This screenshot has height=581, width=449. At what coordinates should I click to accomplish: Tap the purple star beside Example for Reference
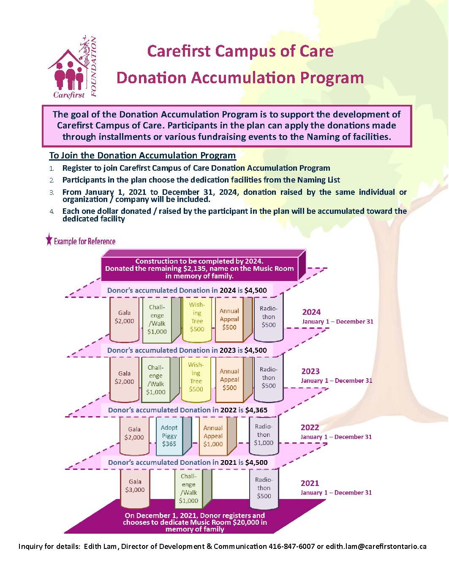click(x=49, y=240)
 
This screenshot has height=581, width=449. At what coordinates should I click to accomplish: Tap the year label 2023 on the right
click(x=310, y=371)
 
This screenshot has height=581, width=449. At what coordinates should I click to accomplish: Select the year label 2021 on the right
click(x=310, y=483)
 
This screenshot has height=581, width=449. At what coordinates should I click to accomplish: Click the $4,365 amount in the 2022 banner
click(x=256, y=410)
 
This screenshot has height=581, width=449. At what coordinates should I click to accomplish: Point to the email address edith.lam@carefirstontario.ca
click(x=376, y=546)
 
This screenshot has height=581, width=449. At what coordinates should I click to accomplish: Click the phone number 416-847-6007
click(x=291, y=546)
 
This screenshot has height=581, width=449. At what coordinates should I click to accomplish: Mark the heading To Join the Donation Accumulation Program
click(x=142, y=155)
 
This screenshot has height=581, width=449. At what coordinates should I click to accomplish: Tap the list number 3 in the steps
click(x=52, y=192)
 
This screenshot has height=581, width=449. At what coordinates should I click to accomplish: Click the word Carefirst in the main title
click(x=179, y=51)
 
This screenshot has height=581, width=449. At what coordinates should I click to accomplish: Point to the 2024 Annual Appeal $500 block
click(x=229, y=319)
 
